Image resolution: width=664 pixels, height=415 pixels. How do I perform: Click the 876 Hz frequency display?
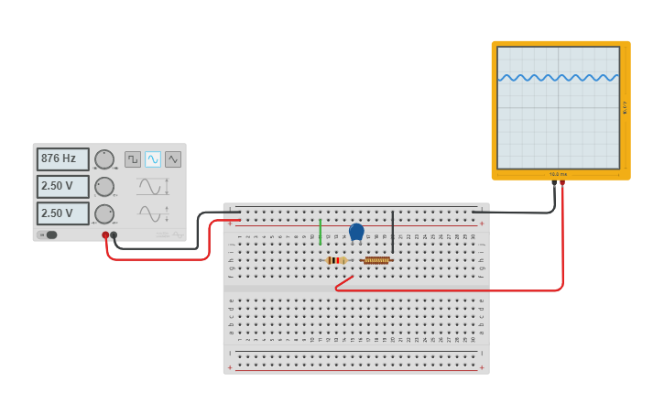(62, 159)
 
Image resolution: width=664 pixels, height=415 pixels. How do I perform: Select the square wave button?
(133, 159)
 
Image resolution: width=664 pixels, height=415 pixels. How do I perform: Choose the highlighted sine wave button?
(153, 159)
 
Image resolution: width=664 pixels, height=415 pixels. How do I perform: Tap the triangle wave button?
(173, 159)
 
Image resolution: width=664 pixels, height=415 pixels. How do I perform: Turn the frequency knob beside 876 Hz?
(104, 159)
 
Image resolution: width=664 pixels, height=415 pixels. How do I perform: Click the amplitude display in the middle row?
(62, 187)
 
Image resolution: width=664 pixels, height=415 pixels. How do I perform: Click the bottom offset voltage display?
(62, 213)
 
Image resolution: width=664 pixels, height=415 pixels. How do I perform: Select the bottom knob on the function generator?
(104, 213)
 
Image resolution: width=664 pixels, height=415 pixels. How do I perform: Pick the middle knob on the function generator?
(104, 187)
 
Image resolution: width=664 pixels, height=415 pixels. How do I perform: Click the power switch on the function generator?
(50, 235)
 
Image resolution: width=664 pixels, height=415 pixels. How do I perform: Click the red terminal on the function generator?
(105, 235)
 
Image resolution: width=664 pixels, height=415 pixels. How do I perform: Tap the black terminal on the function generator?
(114, 235)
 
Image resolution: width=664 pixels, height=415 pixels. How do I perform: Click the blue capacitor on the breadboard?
(356, 231)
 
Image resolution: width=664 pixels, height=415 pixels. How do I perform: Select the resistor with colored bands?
(336, 260)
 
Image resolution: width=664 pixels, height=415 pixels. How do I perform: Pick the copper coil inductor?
(376, 260)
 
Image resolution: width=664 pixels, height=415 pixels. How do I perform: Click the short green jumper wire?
(320, 230)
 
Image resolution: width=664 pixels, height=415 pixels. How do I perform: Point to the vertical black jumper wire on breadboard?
(392, 231)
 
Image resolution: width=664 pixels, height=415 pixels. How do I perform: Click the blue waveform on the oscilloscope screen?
(558, 78)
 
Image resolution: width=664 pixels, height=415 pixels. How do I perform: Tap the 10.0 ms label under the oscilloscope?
(558, 174)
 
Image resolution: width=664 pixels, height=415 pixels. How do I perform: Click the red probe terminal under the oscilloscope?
(562, 183)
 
